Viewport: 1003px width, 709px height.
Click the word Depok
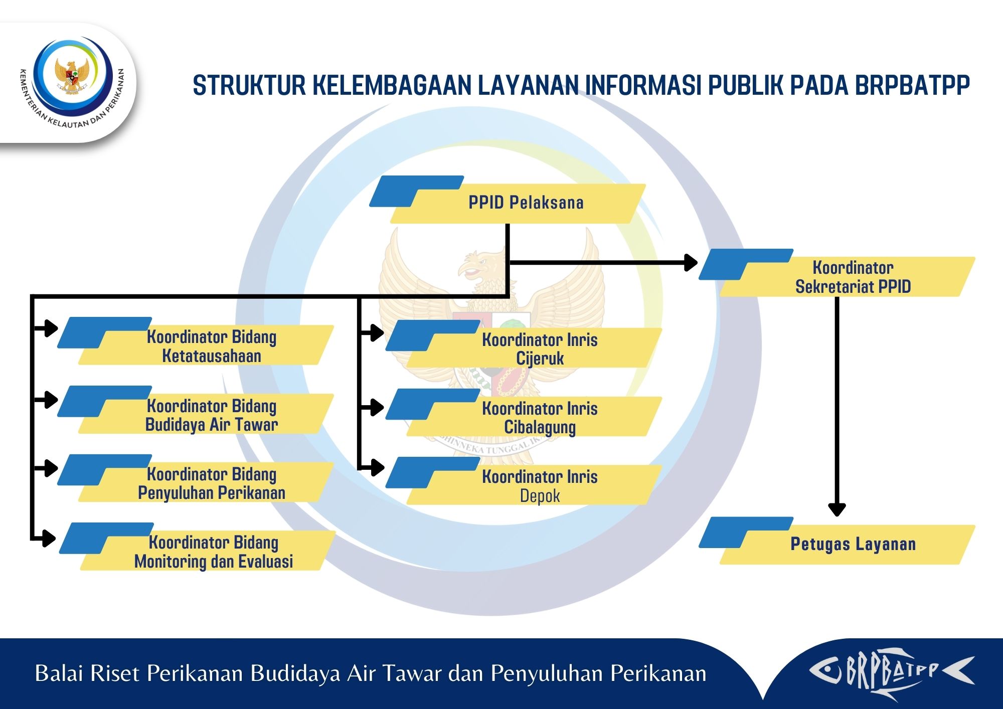pos(540,496)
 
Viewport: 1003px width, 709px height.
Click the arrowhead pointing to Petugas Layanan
pos(837,509)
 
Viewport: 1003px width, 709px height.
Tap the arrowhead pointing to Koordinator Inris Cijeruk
pos(377,332)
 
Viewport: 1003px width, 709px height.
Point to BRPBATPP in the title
pos(912,85)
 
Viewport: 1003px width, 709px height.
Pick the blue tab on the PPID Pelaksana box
pos(416,191)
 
